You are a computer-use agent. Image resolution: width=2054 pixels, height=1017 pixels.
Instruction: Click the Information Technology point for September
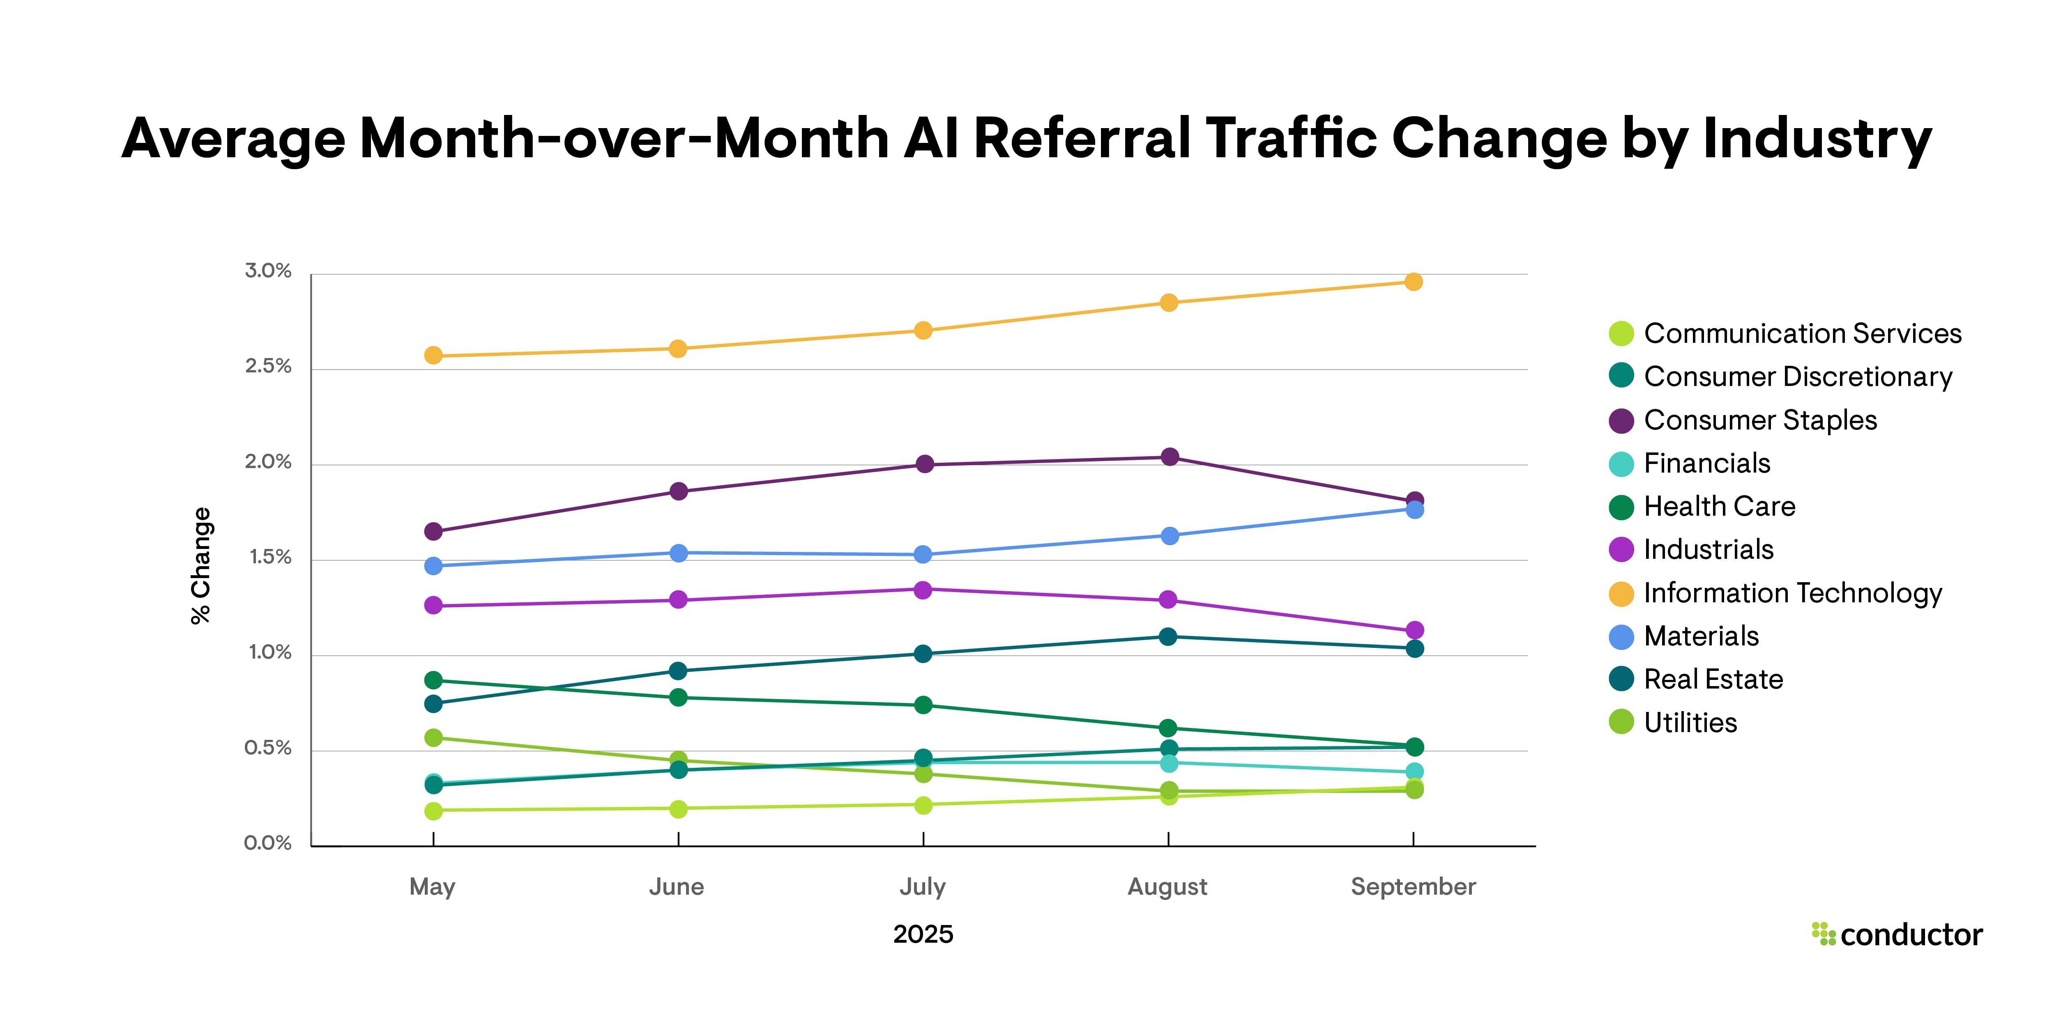click(1413, 282)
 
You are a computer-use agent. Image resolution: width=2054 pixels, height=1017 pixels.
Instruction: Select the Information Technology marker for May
click(433, 356)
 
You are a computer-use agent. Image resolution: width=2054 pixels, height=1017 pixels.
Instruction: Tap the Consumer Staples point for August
click(1169, 457)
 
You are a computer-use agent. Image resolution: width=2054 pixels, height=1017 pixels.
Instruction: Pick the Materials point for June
click(678, 553)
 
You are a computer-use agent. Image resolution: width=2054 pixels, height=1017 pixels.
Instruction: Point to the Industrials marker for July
click(923, 590)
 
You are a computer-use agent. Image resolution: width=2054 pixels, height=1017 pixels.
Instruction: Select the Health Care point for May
click(433, 680)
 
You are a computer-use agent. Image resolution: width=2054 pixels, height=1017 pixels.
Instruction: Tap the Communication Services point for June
click(678, 809)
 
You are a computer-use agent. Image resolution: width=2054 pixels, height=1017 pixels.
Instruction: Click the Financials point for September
click(1414, 771)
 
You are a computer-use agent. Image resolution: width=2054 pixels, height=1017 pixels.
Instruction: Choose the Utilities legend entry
click(1690, 723)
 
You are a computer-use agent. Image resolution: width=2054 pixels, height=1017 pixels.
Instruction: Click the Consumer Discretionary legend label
click(1798, 377)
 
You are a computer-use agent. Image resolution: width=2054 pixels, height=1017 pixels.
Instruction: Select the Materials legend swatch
click(1621, 637)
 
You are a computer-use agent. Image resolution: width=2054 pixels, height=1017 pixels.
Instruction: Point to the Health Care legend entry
click(1719, 507)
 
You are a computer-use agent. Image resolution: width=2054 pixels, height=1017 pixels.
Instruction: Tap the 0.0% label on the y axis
click(268, 843)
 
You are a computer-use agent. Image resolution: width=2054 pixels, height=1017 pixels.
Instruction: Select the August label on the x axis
click(1167, 887)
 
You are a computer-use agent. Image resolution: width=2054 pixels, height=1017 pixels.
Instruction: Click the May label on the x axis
click(432, 887)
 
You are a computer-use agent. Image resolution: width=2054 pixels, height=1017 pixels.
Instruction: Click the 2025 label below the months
click(923, 934)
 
